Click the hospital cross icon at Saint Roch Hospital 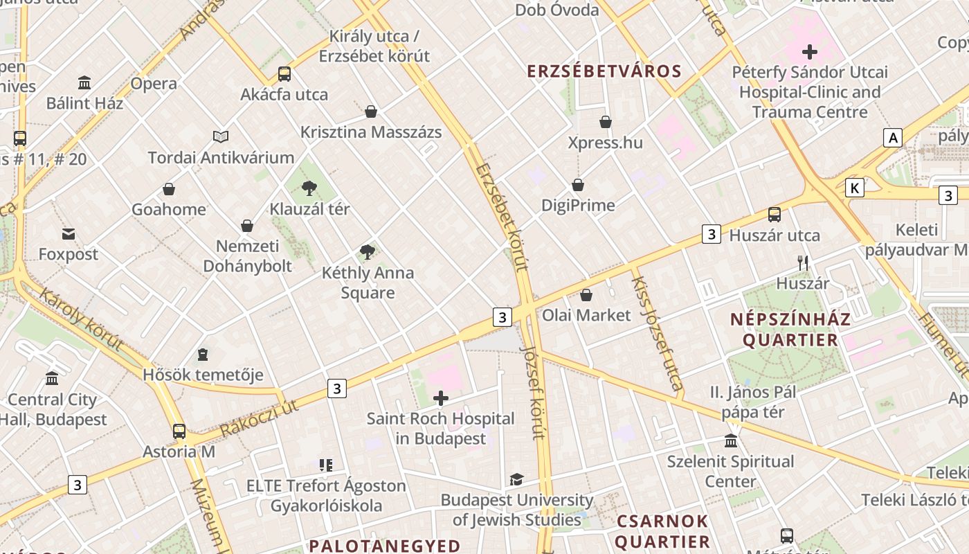440,397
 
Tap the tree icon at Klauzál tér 309,188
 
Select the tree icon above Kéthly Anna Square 368,252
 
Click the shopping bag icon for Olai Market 586,295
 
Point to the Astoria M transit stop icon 179,431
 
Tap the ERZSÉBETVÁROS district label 604,71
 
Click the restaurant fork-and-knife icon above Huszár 803,262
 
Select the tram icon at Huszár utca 775,215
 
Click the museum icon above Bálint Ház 84,83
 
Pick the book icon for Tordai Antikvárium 221,137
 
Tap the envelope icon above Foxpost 69,234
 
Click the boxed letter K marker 855,188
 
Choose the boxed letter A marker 893,138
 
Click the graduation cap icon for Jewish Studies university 516,479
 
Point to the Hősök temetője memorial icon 202,355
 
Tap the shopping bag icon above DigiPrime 578,185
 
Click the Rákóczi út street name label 260,418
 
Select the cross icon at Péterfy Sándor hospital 809,52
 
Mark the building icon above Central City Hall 52,379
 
